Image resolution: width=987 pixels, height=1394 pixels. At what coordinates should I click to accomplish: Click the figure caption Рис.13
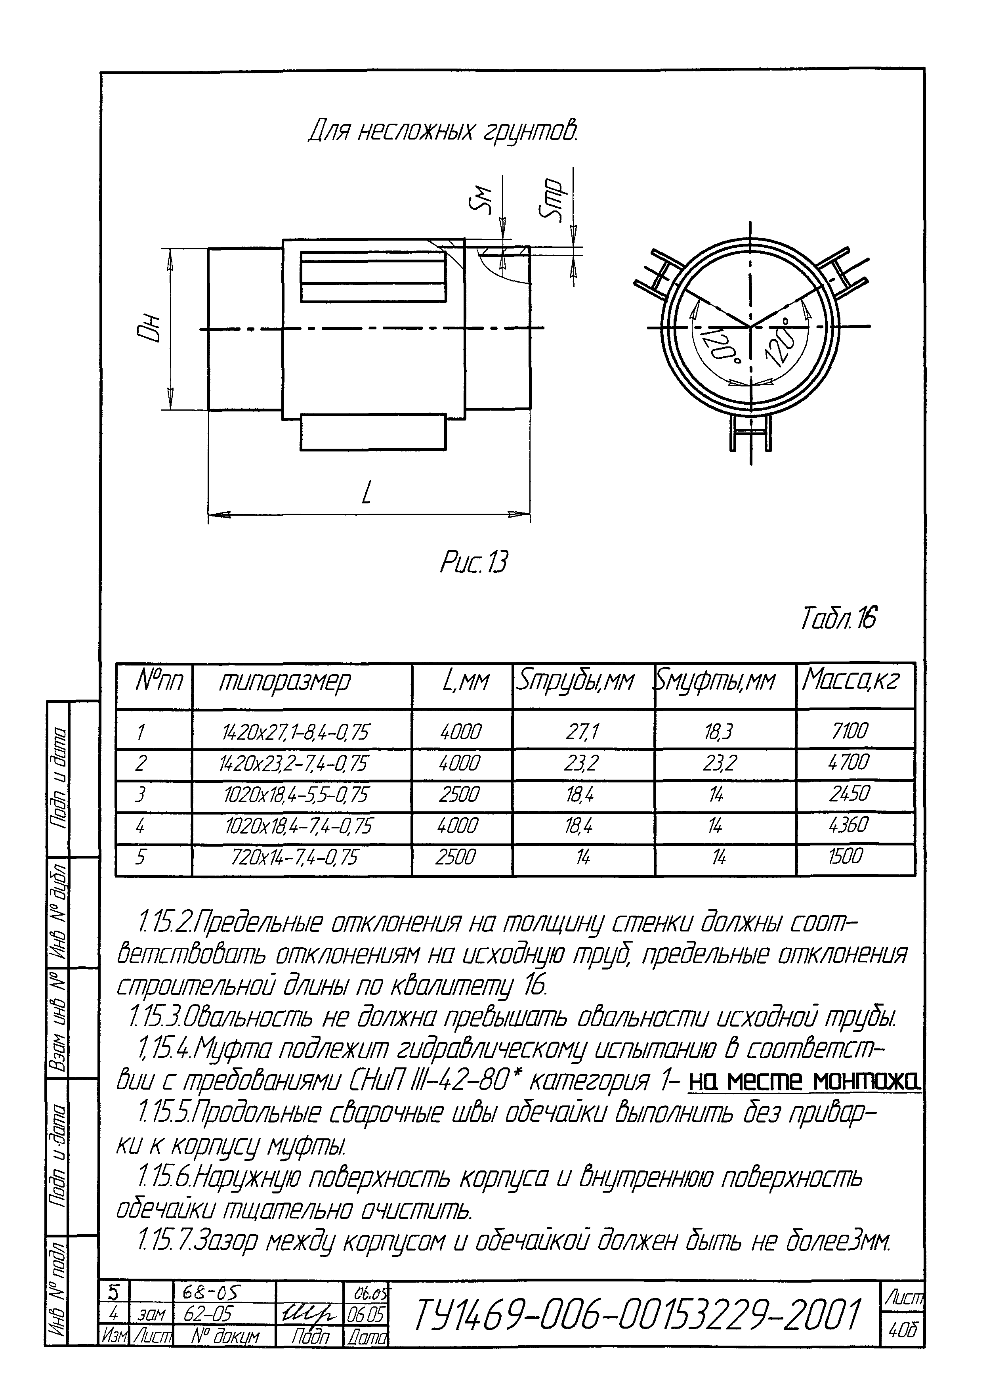(473, 562)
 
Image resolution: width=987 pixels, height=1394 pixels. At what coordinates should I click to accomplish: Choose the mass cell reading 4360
(850, 825)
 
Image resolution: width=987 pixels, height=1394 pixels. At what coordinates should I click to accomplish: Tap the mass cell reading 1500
(846, 857)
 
